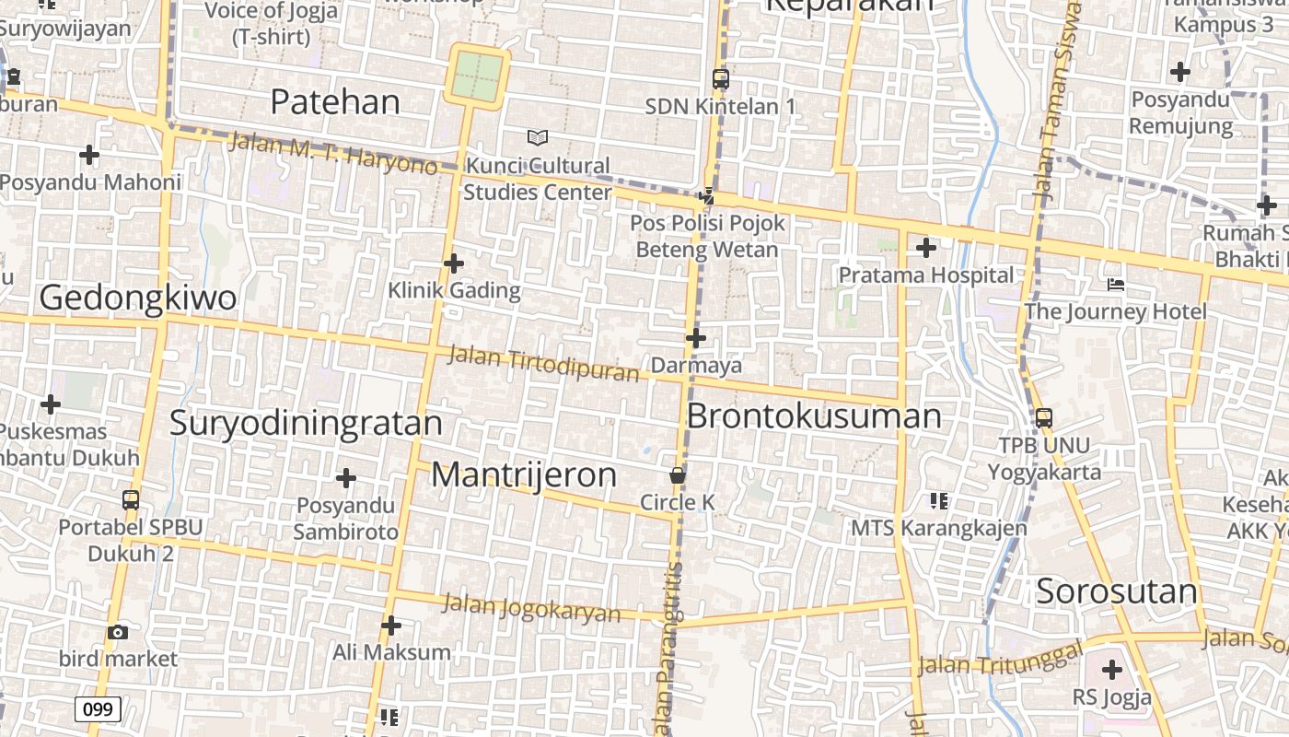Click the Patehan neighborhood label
point(335,102)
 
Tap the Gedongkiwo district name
point(138,298)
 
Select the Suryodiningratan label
point(306,423)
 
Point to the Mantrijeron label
point(524,475)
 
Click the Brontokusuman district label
point(814,416)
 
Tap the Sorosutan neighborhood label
point(1117,591)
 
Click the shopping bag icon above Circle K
point(678,475)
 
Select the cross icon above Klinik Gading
point(454,263)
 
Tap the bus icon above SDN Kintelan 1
point(721,79)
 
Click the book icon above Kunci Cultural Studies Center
point(538,137)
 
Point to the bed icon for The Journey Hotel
point(1116,285)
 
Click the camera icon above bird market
point(118,632)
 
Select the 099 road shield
point(97,709)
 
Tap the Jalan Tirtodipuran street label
point(543,363)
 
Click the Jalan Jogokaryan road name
point(531,608)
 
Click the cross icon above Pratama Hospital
point(926,247)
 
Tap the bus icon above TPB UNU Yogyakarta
point(1044,417)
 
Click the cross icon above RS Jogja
point(1112,669)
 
